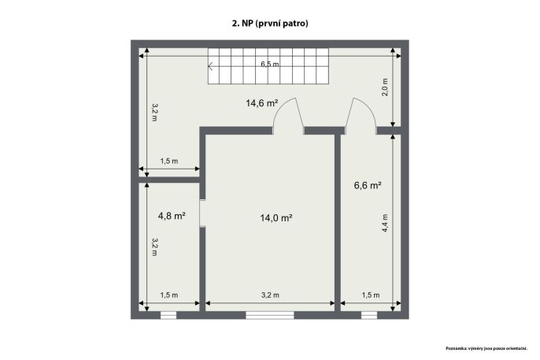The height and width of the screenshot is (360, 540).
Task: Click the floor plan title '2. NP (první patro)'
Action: tap(270, 24)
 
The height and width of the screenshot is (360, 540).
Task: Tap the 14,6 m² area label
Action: tap(261, 103)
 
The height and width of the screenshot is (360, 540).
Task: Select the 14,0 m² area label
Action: tap(276, 217)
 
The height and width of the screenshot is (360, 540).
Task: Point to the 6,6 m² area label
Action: tap(368, 185)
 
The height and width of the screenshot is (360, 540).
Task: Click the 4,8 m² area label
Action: tap(172, 216)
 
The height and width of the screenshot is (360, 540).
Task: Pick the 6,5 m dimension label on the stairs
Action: tap(270, 64)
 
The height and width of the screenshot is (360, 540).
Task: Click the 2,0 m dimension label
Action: tap(385, 87)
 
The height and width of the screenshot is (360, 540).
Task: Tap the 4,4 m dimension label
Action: tap(385, 223)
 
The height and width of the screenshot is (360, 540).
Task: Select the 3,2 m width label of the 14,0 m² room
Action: tap(270, 295)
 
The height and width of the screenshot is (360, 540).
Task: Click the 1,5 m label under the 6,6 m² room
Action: tap(371, 295)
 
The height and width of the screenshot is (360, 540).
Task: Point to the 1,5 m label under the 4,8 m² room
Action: tap(169, 295)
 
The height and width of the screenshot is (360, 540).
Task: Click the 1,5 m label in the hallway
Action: tap(169, 161)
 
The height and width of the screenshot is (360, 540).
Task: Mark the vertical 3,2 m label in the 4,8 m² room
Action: tap(154, 247)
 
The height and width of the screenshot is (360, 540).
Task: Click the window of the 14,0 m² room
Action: tap(270, 315)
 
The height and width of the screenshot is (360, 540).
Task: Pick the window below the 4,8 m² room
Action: tap(168, 315)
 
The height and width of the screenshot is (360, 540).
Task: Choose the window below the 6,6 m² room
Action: tap(369, 315)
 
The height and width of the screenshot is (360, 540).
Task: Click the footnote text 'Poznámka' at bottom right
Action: tap(457, 349)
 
